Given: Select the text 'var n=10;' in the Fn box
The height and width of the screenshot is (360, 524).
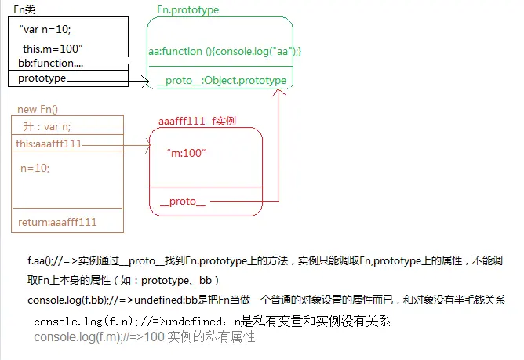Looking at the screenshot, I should [x=46, y=30].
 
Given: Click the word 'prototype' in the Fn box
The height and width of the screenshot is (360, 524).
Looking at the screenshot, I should [x=42, y=78].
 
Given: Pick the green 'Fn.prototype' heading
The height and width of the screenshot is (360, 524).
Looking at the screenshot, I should [x=188, y=10].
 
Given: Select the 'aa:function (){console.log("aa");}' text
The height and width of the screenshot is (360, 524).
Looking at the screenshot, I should [x=225, y=51].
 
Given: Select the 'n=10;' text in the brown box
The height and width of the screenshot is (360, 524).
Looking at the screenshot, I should [x=35, y=168].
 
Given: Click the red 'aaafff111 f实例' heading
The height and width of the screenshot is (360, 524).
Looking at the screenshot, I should [x=197, y=121].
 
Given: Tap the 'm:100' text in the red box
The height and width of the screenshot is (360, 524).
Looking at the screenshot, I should [x=187, y=152].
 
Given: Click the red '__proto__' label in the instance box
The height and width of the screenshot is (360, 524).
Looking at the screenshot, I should [x=183, y=202].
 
